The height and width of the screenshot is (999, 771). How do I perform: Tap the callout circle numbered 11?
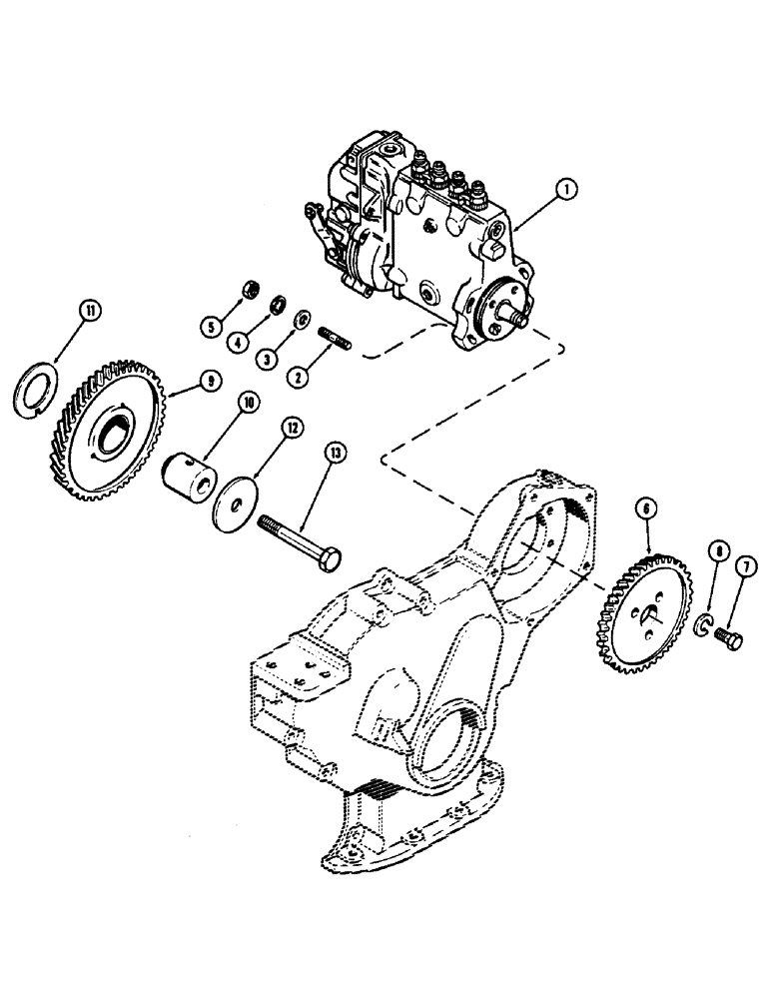tap(91, 313)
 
